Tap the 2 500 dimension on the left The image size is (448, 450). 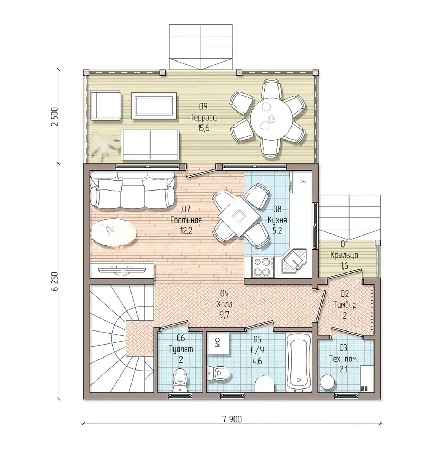(55, 116)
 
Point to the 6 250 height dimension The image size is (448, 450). (55, 281)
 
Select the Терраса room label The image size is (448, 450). (204, 117)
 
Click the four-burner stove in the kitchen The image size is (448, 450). (262, 267)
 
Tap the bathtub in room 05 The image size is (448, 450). (299, 363)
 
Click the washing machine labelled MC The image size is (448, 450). (218, 343)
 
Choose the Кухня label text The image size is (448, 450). (277, 220)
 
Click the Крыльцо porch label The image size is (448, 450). (344, 255)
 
